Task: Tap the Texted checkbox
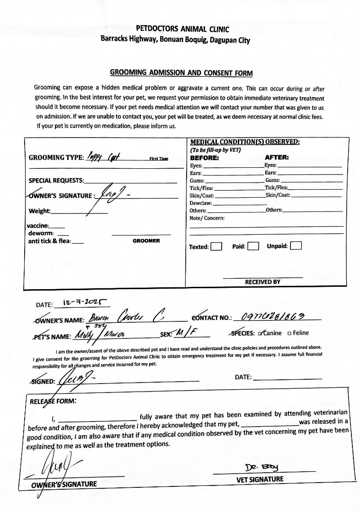tap(216, 247)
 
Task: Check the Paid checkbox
tap(253, 247)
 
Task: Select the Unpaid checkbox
tap(296, 246)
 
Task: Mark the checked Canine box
tap(260, 333)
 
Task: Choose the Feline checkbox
tap(289, 333)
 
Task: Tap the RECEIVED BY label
tap(262, 282)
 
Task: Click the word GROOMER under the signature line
tap(146, 241)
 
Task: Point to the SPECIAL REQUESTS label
tap(56, 181)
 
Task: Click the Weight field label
tap(40, 211)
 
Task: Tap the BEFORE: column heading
tap(205, 157)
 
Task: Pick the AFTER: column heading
tap(277, 157)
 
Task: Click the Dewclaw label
tap(201, 202)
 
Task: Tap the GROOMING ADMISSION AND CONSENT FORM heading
tap(181, 73)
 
